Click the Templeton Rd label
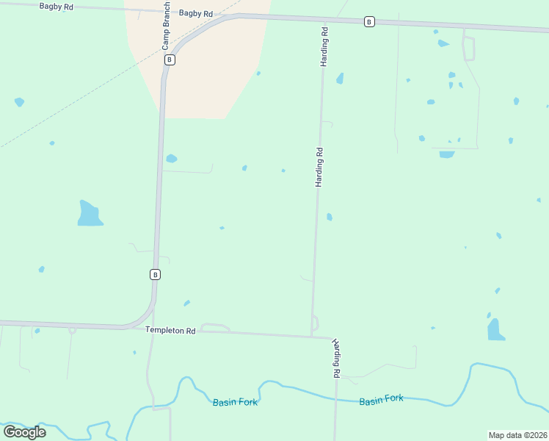coord(170,331)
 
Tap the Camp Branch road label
coord(166,30)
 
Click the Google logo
coord(24,432)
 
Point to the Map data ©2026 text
coord(517,435)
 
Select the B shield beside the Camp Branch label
coord(170,60)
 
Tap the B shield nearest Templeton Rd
coord(155,274)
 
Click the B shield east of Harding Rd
coord(369,22)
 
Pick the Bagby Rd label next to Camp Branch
coord(195,14)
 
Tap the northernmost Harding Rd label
coord(322,47)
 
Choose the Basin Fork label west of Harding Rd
coord(235,402)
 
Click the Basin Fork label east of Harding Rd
coord(381,399)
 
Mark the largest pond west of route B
coord(89,214)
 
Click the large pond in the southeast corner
coord(495,330)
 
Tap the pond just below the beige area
coord(171,158)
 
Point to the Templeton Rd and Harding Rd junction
coord(312,337)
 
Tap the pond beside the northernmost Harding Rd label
coord(340,78)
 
